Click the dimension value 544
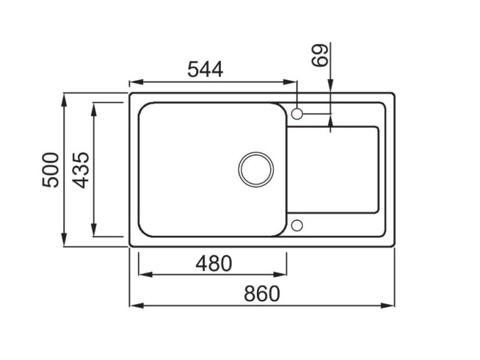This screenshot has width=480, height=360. (x=205, y=69)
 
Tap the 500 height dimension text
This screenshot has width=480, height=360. (x=51, y=169)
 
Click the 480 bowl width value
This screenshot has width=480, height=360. (x=213, y=263)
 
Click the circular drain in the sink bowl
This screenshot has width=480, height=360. (x=256, y=169)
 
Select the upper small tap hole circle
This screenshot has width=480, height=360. (x=296, y=114)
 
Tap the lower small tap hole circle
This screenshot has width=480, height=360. (x=296, y=225)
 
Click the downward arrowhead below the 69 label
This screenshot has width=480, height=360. (x=330, y=87)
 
